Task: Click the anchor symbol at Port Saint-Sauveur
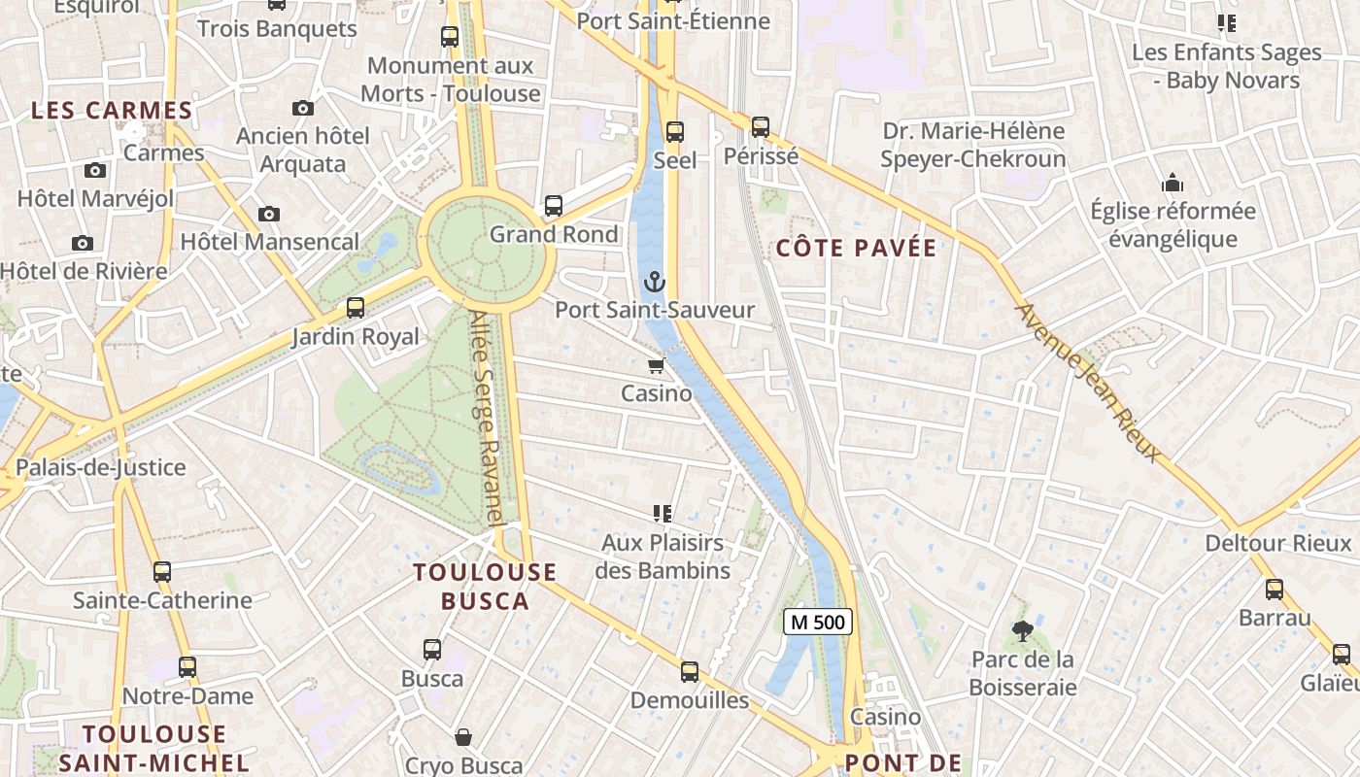click(x=656, y=283)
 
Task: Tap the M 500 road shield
click(x=818, y=622)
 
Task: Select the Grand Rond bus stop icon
click(x=554, y=206)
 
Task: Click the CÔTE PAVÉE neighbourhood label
click(x=856, y=249)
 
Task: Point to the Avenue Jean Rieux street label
click(x=1087, y=383)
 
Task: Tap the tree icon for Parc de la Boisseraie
click(x=1022, y=631)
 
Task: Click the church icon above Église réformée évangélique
click(x=1173, y=184)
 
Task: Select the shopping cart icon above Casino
click(x=657, y=366)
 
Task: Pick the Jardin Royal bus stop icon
click(x=356, y=309)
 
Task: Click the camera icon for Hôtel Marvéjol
click(x=95, y=171)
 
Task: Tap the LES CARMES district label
click(x=112, y=111)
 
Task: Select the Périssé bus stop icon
click(x=761, y=127)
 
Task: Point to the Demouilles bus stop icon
click(x=690, y=672)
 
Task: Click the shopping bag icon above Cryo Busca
click(x=464, y=737)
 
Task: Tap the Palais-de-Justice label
click(x=101, y=468)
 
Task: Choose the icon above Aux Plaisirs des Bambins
click(x=663, y=514)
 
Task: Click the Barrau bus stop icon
click(x=1275, y=590)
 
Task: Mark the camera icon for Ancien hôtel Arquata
click(x=303, y=108)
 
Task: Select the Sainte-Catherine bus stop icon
click(x=162, y=572)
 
